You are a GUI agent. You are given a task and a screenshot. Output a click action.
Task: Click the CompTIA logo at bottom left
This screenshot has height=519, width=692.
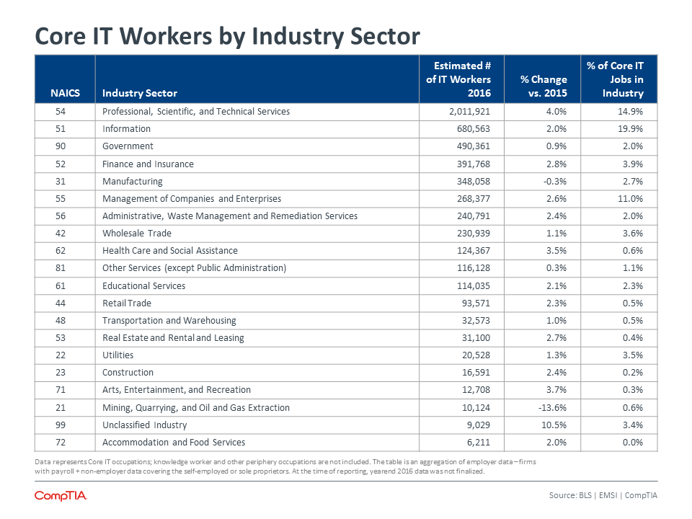pyautogui.click(x=61, y=496)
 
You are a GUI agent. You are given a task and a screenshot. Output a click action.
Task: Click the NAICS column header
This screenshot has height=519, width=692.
pyautogui.click(x=65, y=93)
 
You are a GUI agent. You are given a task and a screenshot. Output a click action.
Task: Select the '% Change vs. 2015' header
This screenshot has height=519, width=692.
pyautogui.click(x=544, y=86)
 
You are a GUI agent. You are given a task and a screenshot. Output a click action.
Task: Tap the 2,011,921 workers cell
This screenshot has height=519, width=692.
pyautogui.click(x=469, y=112)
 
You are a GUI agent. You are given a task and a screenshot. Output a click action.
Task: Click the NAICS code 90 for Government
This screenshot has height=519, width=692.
pyautogui.click(x=61, y=146)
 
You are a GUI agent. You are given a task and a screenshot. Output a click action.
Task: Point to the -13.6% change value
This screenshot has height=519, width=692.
pyautogui.click(x=552, y=408)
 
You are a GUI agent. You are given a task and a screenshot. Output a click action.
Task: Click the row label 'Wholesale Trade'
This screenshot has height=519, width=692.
pyautogui.click(x=137, y=234)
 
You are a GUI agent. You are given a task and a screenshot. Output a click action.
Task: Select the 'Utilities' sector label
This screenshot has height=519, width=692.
pyautogui.click(x=117, y=355)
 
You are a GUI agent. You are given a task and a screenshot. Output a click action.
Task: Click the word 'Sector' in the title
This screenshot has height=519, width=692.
pyautogui.click(x=385, y=36)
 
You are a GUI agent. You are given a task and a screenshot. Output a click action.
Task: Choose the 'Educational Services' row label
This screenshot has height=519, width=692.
pyautogui.click(x=144, y=286)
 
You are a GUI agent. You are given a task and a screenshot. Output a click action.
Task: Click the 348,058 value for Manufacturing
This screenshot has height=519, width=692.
pyautogui.click(x=474, y=182)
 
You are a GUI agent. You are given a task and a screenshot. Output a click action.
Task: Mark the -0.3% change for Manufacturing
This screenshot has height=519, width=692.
pyautogui.click(x=555, y=182)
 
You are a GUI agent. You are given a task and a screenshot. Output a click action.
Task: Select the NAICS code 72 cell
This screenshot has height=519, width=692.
pyautogui.click(x=61, y=442)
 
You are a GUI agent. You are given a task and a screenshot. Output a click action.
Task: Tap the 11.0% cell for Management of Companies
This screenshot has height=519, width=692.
pyautogui.click(x=630, y=199)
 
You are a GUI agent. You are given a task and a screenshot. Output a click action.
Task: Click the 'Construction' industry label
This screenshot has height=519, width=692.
pyautogui.click(x=128, y=373)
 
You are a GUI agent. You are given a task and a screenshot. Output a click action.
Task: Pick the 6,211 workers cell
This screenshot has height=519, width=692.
pyautogui.click(x=479, y=442)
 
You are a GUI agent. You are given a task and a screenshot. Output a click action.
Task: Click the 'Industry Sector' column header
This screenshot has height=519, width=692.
pyautogui.click(x=140, y=93)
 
